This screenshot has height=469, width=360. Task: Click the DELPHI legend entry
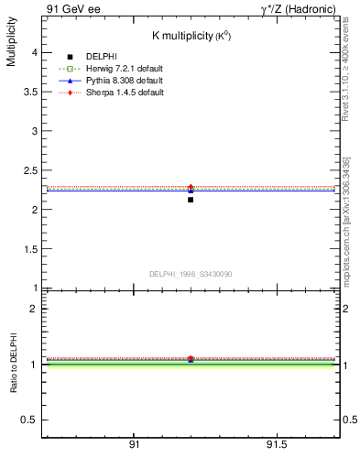click(x=101, y=58)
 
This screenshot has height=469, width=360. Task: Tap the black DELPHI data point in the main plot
click(x=191, y=199)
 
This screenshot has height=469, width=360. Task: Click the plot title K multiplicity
click(x=190, y=36)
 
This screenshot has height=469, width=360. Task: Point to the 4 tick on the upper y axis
click(x=36, y=53)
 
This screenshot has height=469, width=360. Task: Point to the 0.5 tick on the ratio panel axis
click(x=30, y=420)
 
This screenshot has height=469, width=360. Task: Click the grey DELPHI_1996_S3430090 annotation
click(x=189, y=274)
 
